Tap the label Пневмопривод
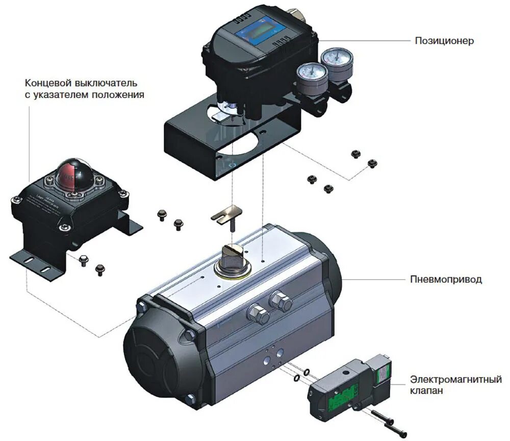coord(446,279)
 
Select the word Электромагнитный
coord(456,379)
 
